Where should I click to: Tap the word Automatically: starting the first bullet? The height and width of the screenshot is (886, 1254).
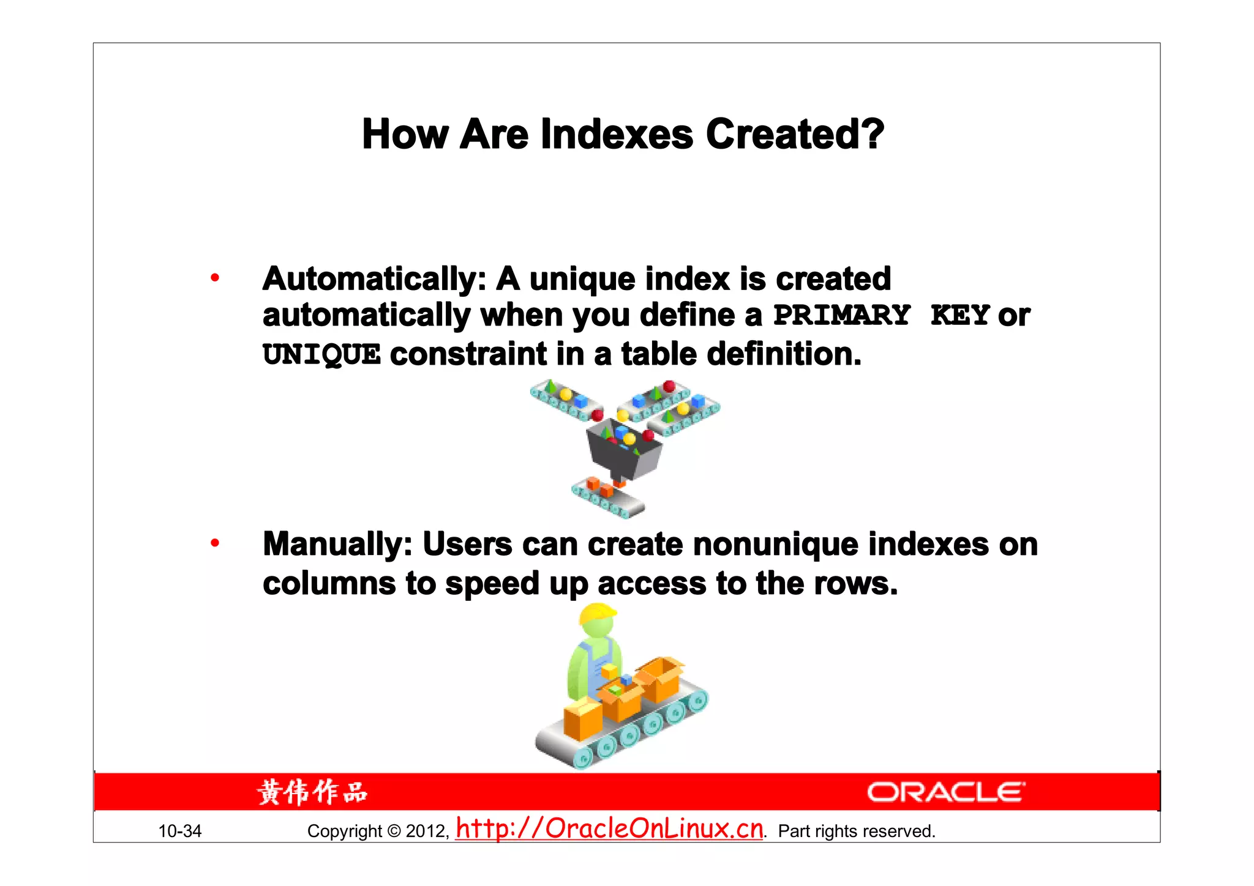(x=374, y=279)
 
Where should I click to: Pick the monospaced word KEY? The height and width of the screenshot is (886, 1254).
(x=959, y=316)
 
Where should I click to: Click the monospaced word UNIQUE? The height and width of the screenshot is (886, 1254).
(x=321, y=355)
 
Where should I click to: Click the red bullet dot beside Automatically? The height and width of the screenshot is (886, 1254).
(x=215, y=278)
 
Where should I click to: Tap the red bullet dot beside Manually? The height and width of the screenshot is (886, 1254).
(x=215, y=543)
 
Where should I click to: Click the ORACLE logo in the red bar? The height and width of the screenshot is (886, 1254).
(x=945, y=792)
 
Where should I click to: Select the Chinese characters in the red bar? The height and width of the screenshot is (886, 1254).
(x=312, y=792)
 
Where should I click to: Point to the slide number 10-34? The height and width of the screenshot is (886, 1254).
(x=179, y=831)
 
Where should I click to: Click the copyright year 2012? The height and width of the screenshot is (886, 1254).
(x=427, y=831)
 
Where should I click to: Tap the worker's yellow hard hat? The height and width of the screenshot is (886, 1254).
(x=596, y=613)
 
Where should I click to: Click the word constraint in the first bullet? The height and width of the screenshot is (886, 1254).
(x=468, y=354)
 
